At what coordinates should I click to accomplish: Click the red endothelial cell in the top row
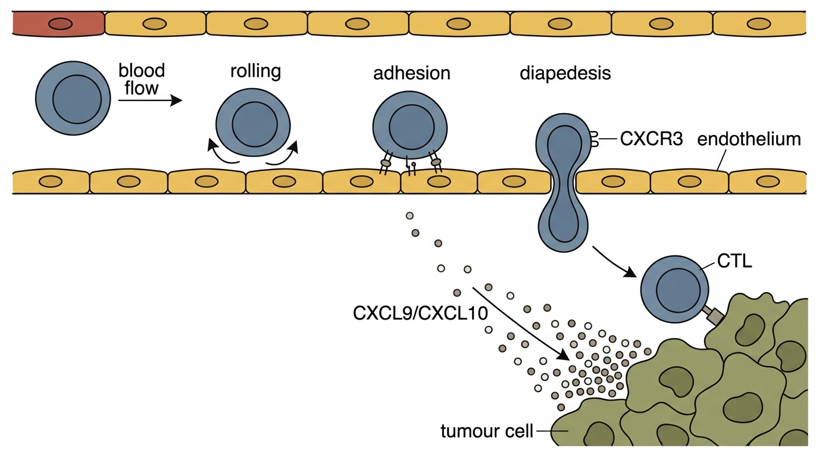(x=58, y=23)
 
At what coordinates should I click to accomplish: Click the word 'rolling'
(x=255, y=71)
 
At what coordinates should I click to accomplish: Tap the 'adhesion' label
(x=412, y=73)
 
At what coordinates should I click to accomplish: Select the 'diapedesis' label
(x=565, y=73)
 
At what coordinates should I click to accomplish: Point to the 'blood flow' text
(x=142, y=79)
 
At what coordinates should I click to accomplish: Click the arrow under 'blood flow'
(x=150, y=100)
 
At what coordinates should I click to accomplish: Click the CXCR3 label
(x=652, y=139)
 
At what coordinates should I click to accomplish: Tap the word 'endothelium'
(x=749, y=139)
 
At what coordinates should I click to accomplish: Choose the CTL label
(x=734, y=261)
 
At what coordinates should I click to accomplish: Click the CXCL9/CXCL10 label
(x=420, y=314)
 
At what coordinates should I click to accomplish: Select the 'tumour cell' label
(x=487, y=431)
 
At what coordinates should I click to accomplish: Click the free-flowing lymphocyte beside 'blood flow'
(x=73, y=98)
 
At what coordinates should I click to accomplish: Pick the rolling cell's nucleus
(x=255, y=124)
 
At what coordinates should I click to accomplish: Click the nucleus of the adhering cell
(x=412, y=127)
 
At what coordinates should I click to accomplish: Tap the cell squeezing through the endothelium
(x=564, y=183)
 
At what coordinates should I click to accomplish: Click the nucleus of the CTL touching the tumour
(x=679, y=290)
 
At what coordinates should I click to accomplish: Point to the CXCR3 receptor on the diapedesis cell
(x=595, y=139)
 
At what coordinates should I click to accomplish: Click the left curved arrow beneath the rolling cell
(x=221, y=153)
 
